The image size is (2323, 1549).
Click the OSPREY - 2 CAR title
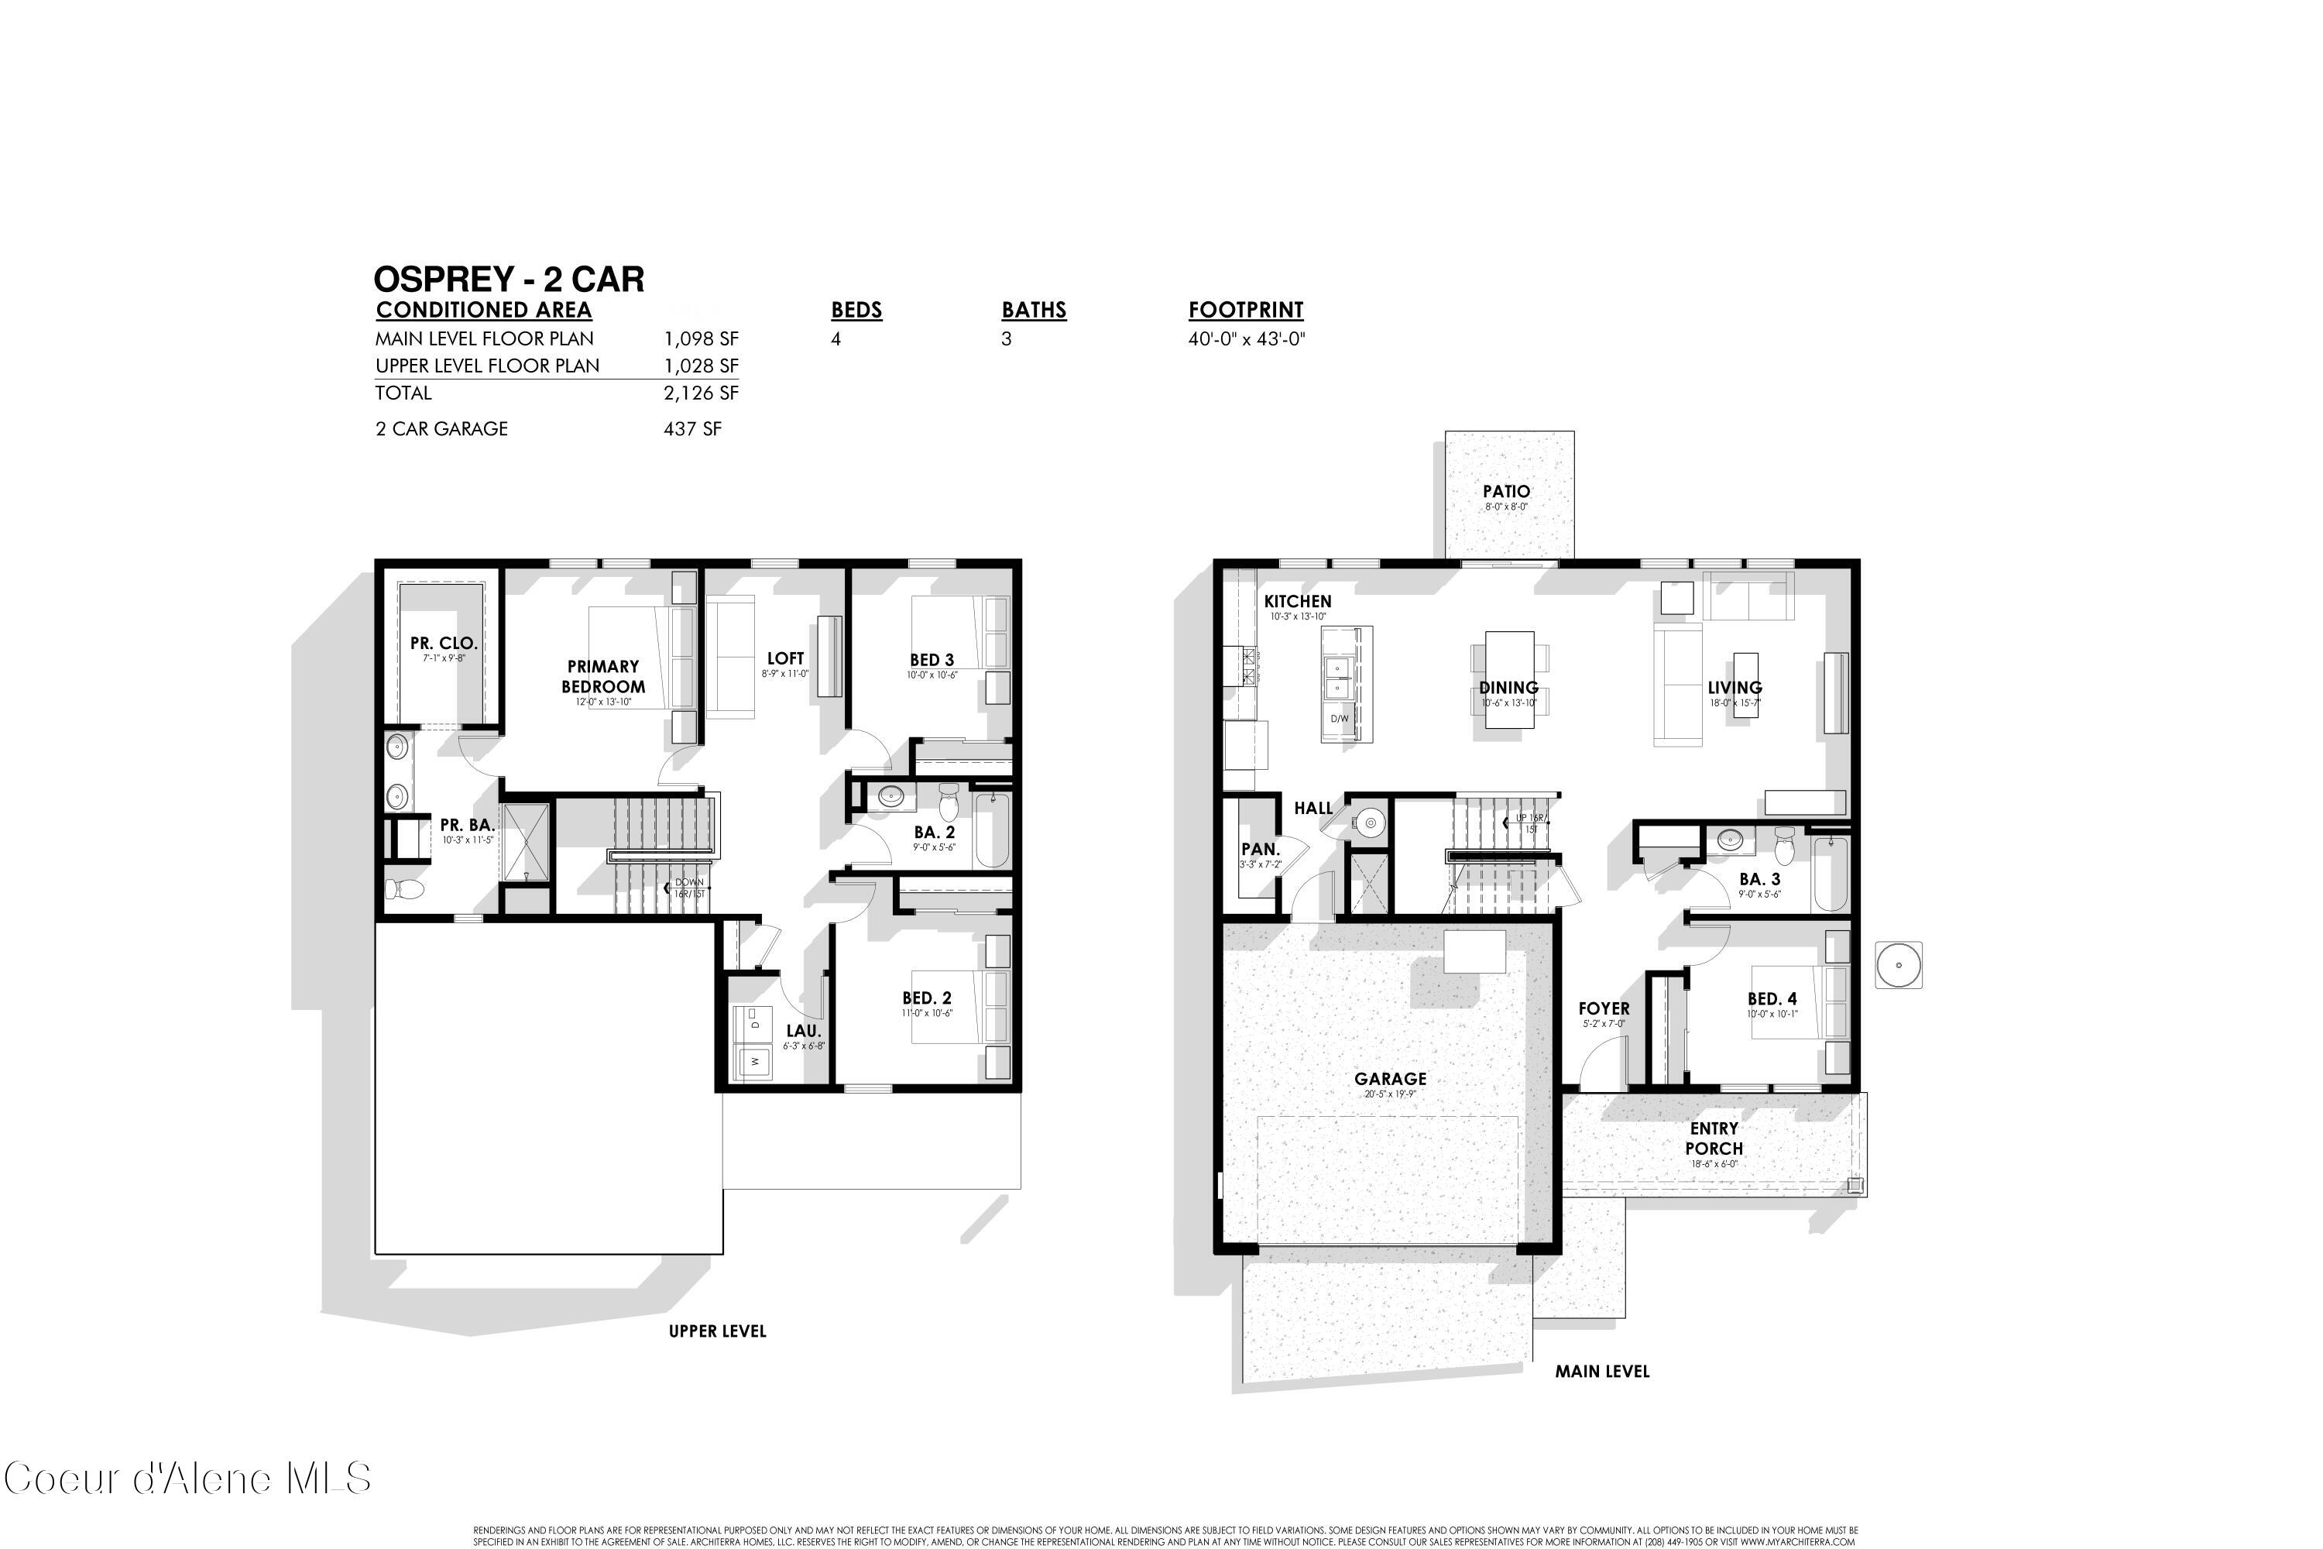coord(509,280)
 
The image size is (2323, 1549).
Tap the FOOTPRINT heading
coord(1245,311)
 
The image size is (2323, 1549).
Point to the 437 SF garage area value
coord(691,429)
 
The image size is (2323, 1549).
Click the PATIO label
coord(1505,491)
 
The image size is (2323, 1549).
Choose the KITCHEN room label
coord(1297,601)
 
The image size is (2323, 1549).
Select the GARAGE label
coord(1390,1079)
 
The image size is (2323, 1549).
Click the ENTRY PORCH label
coord(1714,1138)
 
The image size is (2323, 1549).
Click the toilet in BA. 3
coord(1784,847)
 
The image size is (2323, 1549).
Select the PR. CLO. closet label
coord(444,643)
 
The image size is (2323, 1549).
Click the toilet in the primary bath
coord(406,890)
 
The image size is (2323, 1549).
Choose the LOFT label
coord(785,658)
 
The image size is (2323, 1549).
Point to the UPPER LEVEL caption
coord(717,1331)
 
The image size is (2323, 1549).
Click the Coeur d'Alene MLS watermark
coord(187,1479)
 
